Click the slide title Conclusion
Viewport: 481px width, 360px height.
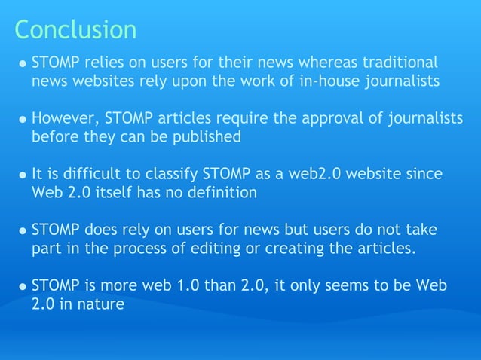75,29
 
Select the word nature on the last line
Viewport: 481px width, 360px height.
101,305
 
